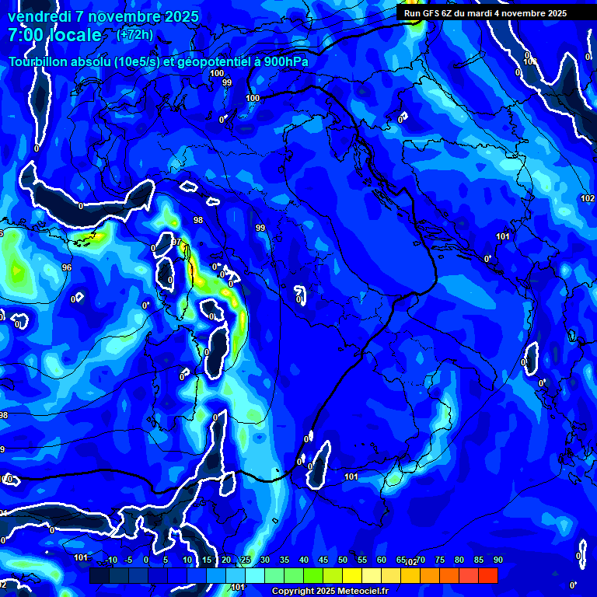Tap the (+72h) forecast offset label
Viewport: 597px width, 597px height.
pyautogui.click(x=134, y=35)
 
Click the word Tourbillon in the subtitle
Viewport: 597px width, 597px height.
pyautogui.click(x=39, y=61)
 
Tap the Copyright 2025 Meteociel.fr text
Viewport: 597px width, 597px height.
pyautogui.click(x=330, y=591)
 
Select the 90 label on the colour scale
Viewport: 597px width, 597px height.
pyautogui.click(x=497, y=560)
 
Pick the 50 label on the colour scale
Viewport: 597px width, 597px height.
pyautogui.click(x=343, y=560)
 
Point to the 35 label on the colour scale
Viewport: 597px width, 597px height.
pyautogui.click(x=285, y=560)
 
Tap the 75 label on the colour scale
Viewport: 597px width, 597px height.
pyautogui.click(x=440, y=560)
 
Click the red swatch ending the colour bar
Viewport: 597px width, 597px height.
pyautogui.click(x=487, y=575)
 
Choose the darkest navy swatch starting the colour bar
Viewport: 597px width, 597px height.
pyautogui.click(x=99, y=575)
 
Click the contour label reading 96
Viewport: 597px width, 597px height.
pyautogui.click(x=67, y=267)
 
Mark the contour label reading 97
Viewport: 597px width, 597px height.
pyautogui.click(x=176, y=242)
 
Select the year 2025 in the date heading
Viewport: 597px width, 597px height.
pyautogui.click(x=180, y=16)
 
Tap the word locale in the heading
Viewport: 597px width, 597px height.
pyautogui.click(x=75, y=36)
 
